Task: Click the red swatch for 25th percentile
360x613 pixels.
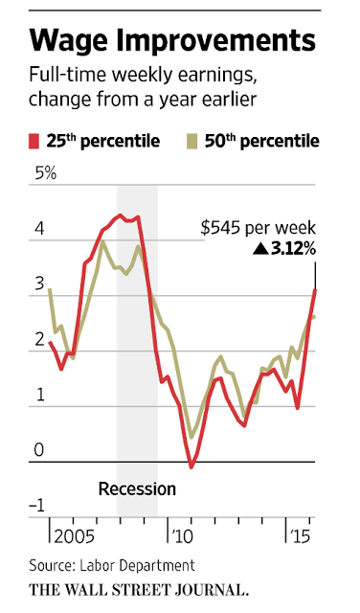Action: (x=36, y=141)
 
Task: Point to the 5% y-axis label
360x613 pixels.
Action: (x=45, y=173)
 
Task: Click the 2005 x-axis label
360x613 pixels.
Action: (x=73, y=533)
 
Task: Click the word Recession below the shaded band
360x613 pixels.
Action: (x=137, y=489)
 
